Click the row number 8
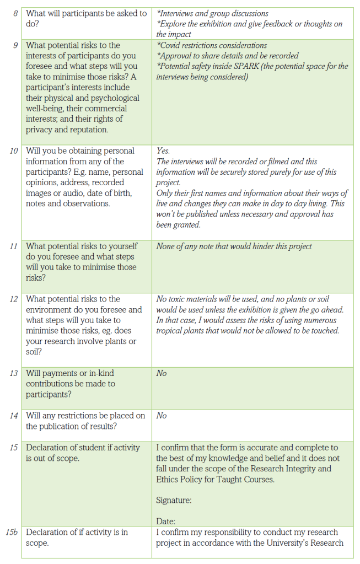(16, 13)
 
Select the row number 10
(14, 151)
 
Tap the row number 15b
(13, 532)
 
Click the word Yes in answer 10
(163, 151)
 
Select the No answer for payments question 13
(162, 373)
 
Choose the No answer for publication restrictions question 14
(162, 416)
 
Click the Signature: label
(174, 501)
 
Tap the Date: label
(166, 521)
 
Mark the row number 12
(14, 299)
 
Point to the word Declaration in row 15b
(48, 532)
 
